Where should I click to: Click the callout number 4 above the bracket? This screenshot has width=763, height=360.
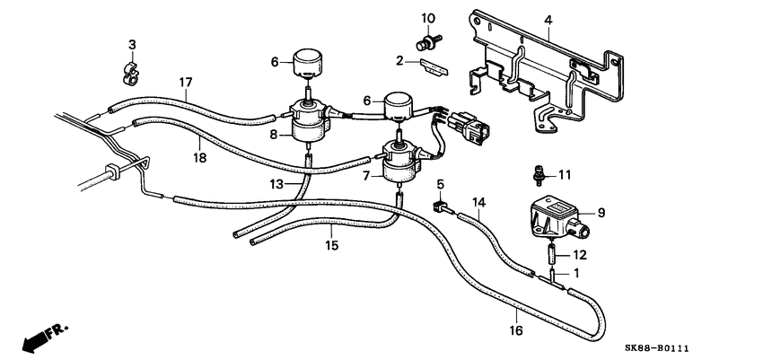click(548, 19)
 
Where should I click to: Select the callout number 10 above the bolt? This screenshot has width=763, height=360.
click(428, 19)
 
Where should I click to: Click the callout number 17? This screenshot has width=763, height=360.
click(186, 83)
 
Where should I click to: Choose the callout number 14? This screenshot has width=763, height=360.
click(478, 203)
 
